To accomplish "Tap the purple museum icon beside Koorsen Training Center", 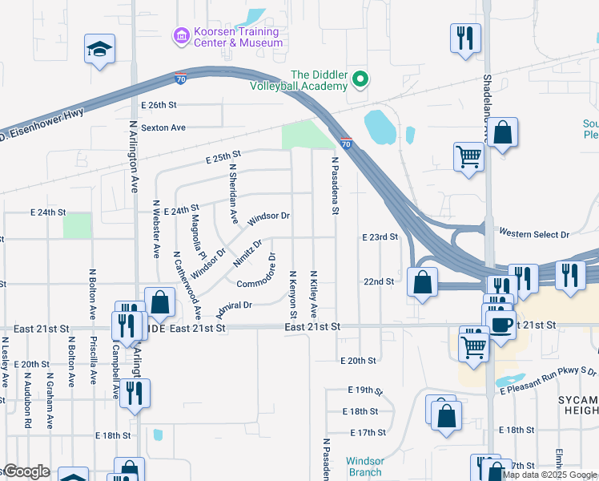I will [181, 35].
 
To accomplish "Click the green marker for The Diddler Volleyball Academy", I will [360, 79].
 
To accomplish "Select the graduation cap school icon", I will [99, 50].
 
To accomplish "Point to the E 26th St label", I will [158, 105].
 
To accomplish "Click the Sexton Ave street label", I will [163, 127].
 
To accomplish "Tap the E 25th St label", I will [223, 156].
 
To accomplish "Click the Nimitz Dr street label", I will [247, 253].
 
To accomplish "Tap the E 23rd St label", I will [380, 237].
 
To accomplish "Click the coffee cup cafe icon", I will [501, 325].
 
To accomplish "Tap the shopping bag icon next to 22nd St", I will [421, 282].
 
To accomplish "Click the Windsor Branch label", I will [365, 467].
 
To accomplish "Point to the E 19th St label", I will [366, 390].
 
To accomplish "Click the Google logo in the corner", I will [26, 471].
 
